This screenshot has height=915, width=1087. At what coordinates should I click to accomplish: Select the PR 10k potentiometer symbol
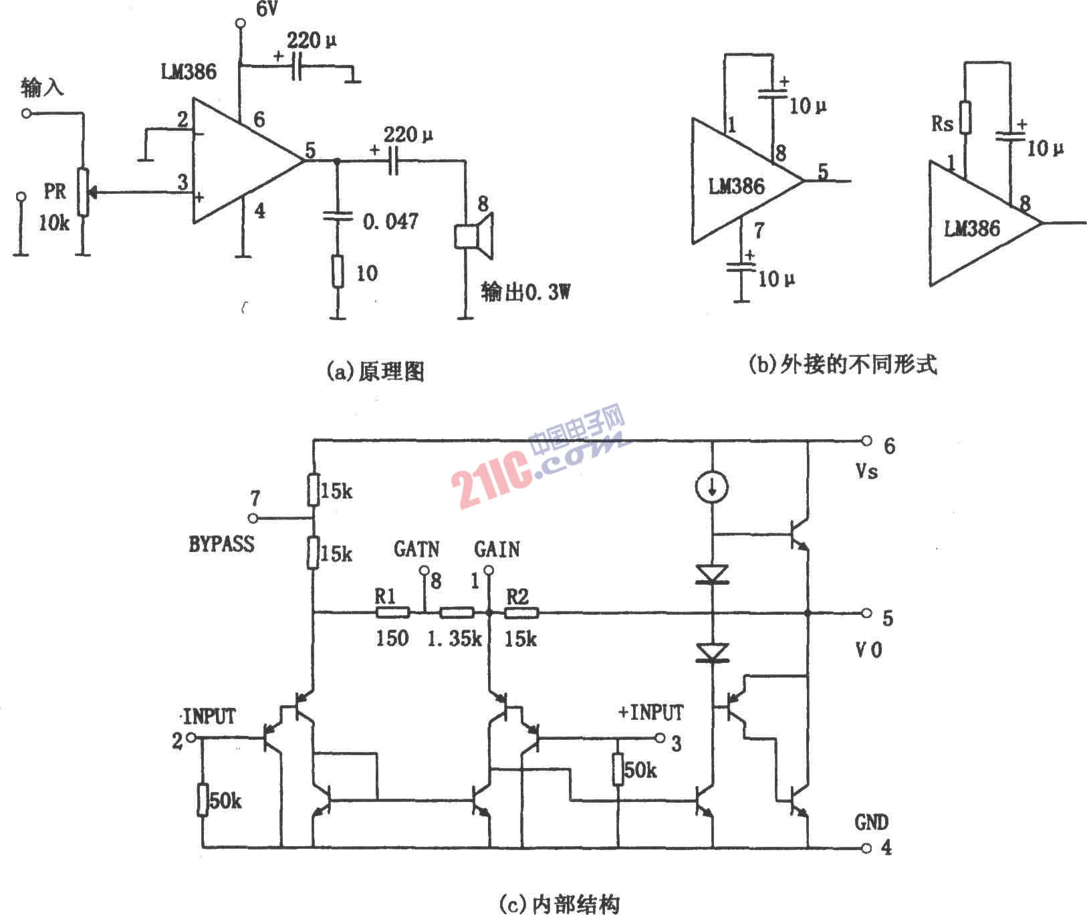(82, 192)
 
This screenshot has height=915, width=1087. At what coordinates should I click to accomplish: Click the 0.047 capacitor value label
(391, 221)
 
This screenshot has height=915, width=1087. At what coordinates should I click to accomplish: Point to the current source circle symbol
(713, 489)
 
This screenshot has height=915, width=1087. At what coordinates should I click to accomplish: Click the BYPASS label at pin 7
(221, 544)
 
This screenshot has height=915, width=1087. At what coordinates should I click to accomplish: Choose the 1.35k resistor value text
(454, 639)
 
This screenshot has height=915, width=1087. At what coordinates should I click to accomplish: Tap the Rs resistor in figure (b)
(965, 118)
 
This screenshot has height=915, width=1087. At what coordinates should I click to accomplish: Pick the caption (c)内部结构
(559, 904)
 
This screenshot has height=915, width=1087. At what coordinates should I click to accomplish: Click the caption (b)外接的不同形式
(842, 364)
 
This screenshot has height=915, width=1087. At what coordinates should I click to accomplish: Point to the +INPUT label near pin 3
(650, 712)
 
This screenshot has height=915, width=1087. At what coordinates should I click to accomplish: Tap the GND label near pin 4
(872, 822)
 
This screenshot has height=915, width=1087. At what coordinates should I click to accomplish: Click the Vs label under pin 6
(867, 472)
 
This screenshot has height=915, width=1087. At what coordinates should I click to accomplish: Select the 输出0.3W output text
(525, 292)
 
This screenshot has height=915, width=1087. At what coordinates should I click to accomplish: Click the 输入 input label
(42, 88)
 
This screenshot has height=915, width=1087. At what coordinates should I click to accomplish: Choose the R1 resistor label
(385, 596)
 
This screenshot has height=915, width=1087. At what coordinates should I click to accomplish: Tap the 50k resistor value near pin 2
(225, 800)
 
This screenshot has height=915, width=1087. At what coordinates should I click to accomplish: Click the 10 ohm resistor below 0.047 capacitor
(338, 271)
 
